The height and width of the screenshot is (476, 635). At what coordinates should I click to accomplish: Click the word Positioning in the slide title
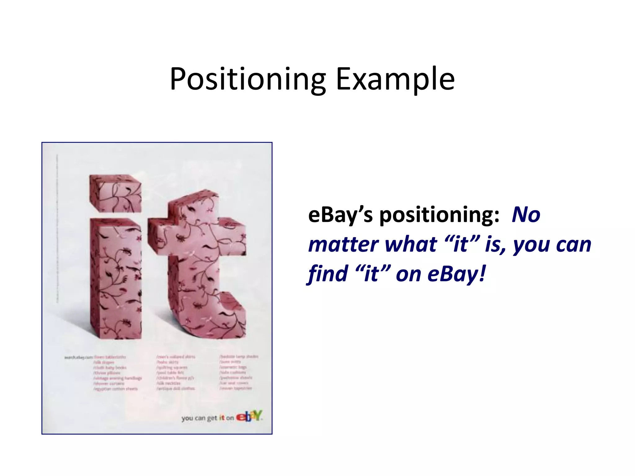[x=247, y=79]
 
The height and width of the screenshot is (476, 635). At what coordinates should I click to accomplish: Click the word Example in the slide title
[x=395, y=79]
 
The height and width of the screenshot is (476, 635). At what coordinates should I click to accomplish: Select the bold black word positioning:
[x=439, y=215]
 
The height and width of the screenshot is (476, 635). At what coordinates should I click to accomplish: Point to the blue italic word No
[x=526, y=215]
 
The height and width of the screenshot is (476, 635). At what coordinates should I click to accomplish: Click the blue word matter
[x=343, y=245]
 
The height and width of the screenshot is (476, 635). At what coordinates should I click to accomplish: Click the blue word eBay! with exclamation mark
[x=456, y=274]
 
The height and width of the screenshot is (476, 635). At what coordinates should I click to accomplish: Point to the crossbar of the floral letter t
[x=197, y=237]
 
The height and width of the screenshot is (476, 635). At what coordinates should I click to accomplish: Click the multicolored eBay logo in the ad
[x=249, y=416]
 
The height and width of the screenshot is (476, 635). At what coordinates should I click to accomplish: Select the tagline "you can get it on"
[x=207, y=418]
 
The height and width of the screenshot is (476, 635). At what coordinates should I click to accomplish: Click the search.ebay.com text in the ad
[x=78, y=358]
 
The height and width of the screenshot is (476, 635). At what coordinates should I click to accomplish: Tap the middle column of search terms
[x=176, y=372]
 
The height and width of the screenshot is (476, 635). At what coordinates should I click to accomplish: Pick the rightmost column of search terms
[x=238, y=372]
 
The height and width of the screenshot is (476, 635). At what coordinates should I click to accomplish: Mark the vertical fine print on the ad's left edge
[x=57, y=229]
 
